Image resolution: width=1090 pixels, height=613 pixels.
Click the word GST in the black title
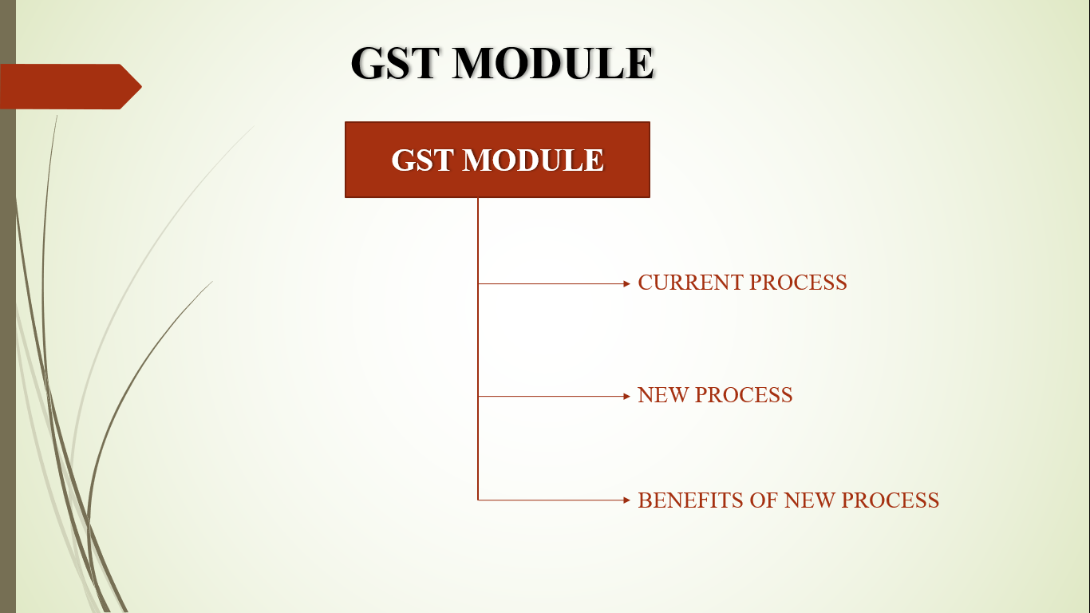pos(393,63)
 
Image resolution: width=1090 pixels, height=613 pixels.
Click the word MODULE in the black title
pos(553,63)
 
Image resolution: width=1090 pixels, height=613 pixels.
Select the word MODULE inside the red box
pos(533,160)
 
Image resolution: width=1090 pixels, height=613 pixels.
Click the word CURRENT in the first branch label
pos(690,283)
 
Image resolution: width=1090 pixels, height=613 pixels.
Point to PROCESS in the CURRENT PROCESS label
pos(798,283)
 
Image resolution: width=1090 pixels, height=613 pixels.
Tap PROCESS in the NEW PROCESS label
pos(744,395)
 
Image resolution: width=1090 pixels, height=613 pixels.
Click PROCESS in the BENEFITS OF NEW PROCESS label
pos(890,500)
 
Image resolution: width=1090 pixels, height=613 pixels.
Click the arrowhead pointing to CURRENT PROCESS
pos(626,283)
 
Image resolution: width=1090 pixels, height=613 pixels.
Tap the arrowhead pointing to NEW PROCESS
pos(626,397)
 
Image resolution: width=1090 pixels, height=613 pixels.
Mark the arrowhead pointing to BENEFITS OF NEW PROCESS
pos(626,500)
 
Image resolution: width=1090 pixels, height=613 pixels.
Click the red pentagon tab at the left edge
pos(68,87)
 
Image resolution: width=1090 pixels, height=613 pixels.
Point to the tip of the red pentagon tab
pos(141,87)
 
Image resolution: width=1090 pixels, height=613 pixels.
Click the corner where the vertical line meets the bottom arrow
pos(478,500)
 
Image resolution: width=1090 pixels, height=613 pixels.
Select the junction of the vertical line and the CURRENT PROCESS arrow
pos(478,283)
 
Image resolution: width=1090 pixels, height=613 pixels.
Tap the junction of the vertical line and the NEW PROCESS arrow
pos(478,397)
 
